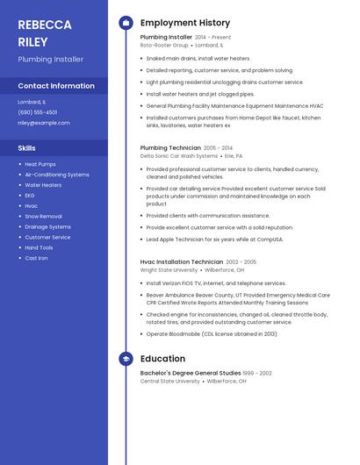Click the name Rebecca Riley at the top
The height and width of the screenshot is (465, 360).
click(x=45, y=32)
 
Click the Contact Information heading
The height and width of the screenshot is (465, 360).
click(x=56, y=86)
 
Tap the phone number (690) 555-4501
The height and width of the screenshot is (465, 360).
click(x=38, y=112)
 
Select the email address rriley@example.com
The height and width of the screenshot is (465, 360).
click(x=44, y=123)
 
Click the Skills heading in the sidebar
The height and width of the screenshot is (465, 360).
click(x=27, y=148)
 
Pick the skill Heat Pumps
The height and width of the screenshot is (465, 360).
click(x=40, y=164)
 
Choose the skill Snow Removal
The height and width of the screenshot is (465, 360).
click(x=43, y=216)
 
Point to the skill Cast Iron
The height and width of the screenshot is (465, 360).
click(x=37, y=258)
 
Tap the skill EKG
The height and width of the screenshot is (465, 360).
click(x=30, y=196)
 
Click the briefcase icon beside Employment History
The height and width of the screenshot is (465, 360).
click(x=126, y=23)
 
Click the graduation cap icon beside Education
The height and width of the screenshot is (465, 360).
click(x=126, y=359)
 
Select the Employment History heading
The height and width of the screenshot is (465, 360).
click(x=185, y=23)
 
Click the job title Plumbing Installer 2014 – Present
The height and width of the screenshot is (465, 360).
click(x=185, y=38)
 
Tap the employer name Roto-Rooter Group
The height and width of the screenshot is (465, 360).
click(x=164, y=46)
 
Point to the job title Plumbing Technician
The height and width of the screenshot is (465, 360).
click(x=170, y=148)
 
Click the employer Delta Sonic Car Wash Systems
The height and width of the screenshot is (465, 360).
click(x=178, y=156)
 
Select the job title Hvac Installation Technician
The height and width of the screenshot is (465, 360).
click(x=182, y=261)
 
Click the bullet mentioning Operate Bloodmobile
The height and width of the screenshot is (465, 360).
click(x=212, y=334)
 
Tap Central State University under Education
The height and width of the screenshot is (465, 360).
click(x=170, y=382)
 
